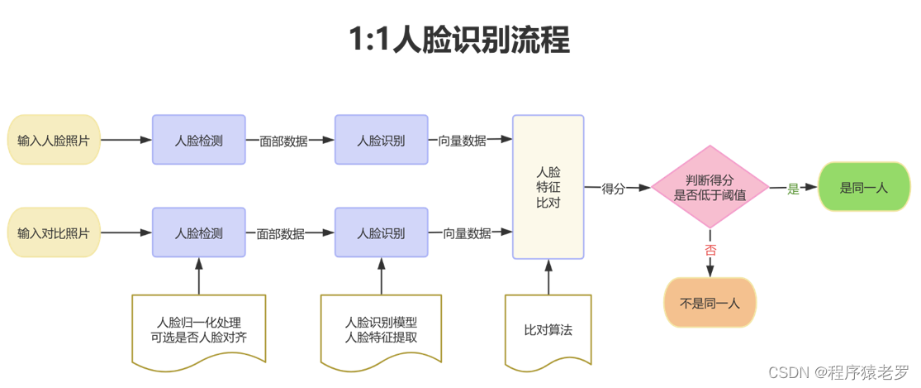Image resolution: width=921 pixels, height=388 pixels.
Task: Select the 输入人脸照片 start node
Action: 54,140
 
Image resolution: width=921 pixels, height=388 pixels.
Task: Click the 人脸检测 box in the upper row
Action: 198,140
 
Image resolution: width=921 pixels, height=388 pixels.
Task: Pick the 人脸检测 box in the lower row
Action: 198,233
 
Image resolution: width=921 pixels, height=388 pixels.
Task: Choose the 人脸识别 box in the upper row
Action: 381,140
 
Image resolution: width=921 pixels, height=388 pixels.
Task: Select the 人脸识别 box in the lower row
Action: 381,233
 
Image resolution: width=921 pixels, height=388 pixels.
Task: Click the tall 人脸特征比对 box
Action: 548,187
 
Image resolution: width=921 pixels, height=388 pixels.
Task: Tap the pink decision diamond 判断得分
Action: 710,187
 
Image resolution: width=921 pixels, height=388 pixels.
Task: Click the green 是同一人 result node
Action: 863,187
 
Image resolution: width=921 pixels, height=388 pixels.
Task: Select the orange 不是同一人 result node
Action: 710,303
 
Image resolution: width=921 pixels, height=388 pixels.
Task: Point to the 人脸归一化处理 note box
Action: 198,329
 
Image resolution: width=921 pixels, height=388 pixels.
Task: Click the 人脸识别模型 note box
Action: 381,329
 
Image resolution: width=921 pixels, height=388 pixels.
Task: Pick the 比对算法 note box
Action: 548,329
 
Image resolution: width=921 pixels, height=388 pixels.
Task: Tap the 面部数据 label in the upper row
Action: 283,141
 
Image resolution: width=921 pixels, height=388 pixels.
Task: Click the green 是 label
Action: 793,188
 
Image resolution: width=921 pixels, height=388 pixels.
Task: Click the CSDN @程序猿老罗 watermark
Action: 838,371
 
